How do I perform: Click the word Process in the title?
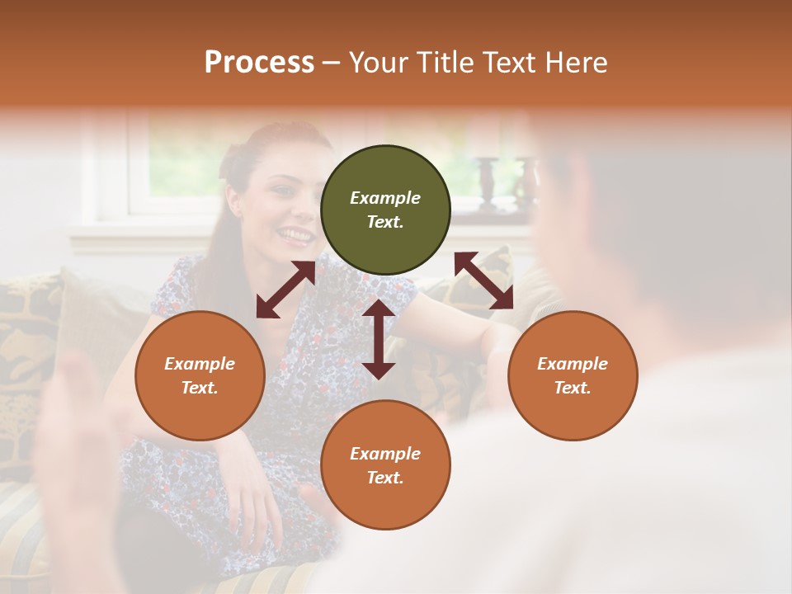(259, 62)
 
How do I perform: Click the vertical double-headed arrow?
(379, 339)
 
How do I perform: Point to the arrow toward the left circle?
(285, 290)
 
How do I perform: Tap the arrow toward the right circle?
(483, 280)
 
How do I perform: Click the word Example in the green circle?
(385, 198)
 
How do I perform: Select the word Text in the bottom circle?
(385, 478)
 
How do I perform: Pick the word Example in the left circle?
(200, 364)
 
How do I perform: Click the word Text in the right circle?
(573, 388)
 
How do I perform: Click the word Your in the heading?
(377, 62)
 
